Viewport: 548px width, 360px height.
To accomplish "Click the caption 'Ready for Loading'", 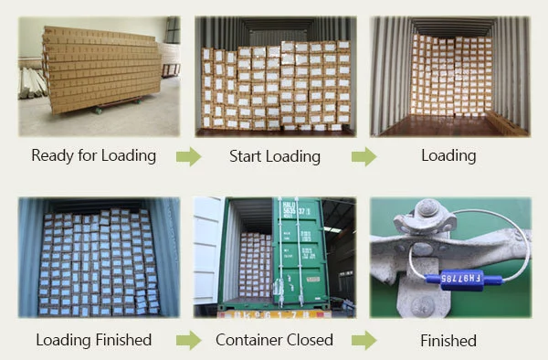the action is [93, 155].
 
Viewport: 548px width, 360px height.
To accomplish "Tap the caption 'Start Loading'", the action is [274, 156].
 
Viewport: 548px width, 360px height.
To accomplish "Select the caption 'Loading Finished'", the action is [93, 340].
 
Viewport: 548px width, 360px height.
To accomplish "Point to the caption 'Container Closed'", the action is [274, 340].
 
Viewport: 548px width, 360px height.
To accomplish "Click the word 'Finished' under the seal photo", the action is [448, 341].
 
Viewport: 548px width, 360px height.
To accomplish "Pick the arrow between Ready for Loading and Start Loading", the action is [188, 156].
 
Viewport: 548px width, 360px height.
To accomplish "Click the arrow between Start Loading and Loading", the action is [364, 156].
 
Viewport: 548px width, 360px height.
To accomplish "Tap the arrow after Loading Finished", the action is [188, 341].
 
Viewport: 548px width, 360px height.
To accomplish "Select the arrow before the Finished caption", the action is [364, 341].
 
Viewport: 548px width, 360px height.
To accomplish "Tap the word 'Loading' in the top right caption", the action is [448, 155].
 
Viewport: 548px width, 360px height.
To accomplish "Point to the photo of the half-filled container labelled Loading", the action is [449, 75].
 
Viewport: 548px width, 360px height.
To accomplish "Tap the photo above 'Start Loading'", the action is [274, 75].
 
